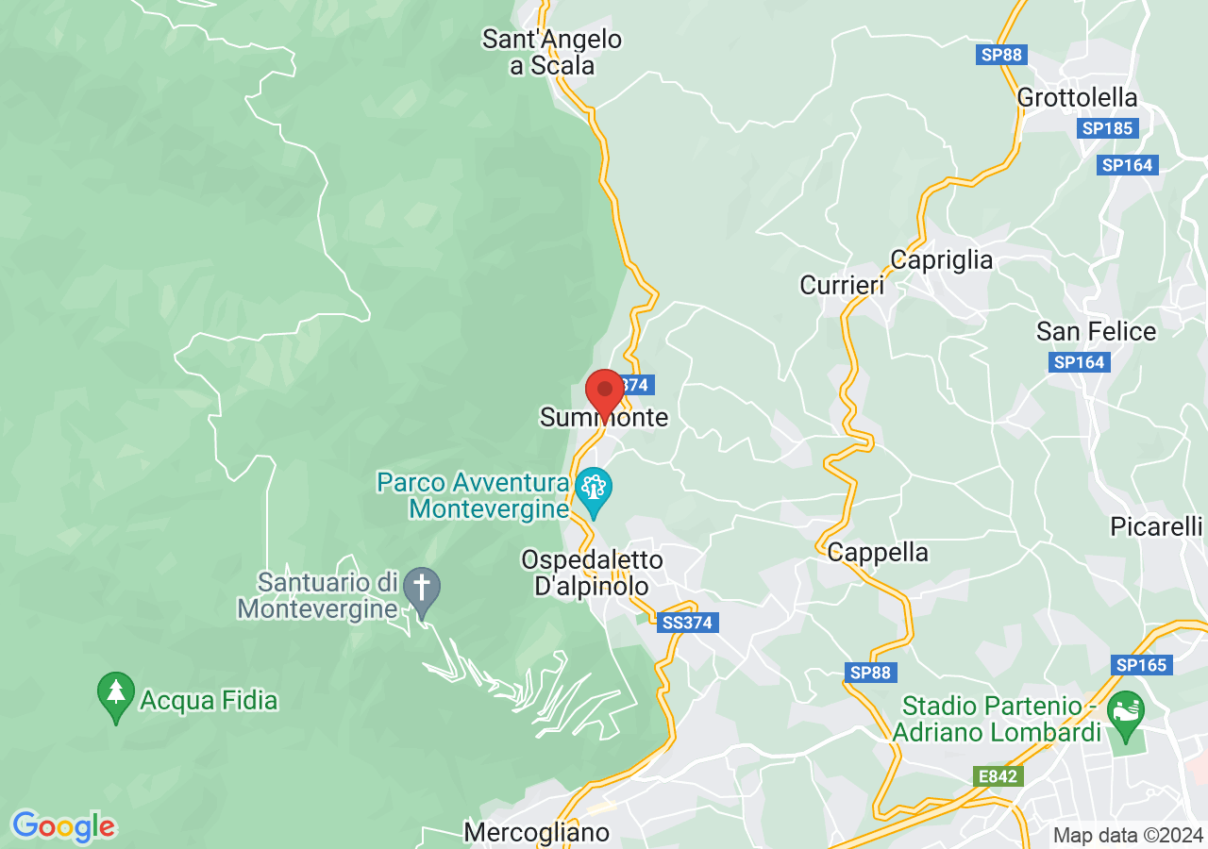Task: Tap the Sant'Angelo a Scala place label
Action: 552,53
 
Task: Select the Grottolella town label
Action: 1077,98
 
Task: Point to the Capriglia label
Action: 941,260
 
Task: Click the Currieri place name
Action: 842,285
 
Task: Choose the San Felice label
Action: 1096,332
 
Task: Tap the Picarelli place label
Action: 1156,526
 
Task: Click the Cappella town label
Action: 878,553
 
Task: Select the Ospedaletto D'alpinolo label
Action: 592,574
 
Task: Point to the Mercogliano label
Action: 536,832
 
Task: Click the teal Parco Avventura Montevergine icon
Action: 594,489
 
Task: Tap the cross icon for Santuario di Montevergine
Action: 422,588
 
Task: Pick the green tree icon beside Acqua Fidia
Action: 116,693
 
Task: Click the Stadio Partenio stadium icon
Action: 1125,707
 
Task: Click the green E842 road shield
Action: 998,776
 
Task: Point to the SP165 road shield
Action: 1142,665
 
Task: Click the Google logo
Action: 63,826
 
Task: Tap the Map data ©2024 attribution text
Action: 1128,835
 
